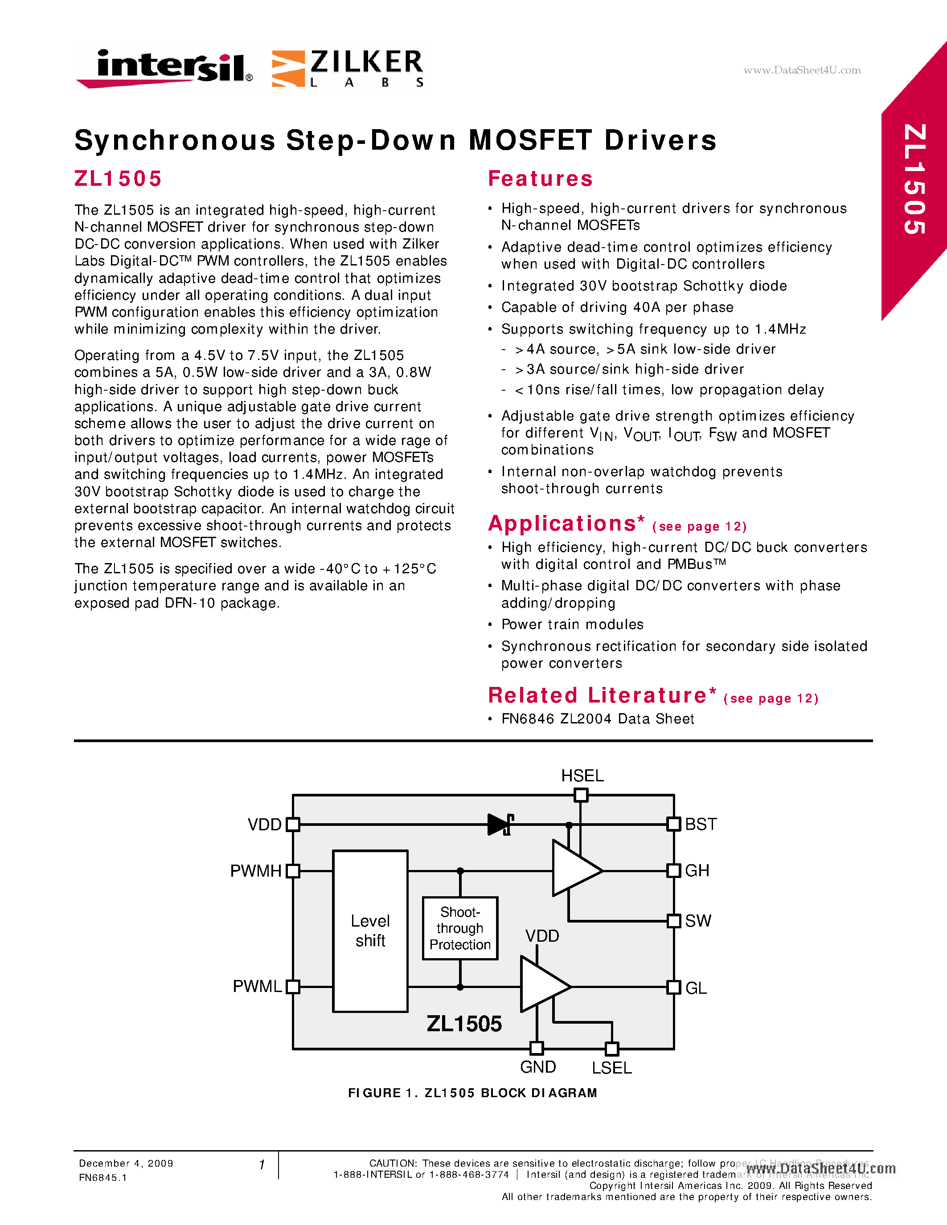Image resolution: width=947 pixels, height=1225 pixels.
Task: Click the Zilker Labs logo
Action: pyautogui.click(x=348, y=69)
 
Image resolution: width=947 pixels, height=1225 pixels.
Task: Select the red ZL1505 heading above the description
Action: pyautogui.click(x=118, y=178)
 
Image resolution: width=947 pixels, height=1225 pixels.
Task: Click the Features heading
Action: pyautogui.click(x=540, y=178)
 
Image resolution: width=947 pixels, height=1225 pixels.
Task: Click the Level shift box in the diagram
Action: pyautogui.click(x=370, y=931)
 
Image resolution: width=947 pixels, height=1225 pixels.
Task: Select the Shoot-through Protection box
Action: pyautogui.click(x=460, y=928)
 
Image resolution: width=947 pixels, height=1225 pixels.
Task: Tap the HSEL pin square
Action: pyautogui.click(x=581, y=795)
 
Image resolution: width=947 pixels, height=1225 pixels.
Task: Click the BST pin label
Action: pyautogui.click(x=701, y=824)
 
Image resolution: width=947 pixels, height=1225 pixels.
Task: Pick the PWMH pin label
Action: pyautogui.click(x=256, y=870)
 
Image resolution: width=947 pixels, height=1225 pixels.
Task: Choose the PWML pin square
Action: pyautogui.click(x=293, y=987)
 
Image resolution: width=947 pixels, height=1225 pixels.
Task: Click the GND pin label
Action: pyautogui.click(x=537, y=1067)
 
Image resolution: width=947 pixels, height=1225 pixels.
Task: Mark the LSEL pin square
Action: pyautogui.click(x=612, y=1048)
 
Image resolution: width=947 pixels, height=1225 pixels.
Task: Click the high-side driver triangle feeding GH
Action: pyautogui.click(x=575, y=868)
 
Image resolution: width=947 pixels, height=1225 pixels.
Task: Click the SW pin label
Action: pyautogui.click(x=698, y=920)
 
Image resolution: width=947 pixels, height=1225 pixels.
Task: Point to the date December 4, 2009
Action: pyautogui.click(x=126, y=1163)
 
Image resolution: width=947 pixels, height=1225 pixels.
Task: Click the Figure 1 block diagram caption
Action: pyautogui.click(x=472, y=1093)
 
